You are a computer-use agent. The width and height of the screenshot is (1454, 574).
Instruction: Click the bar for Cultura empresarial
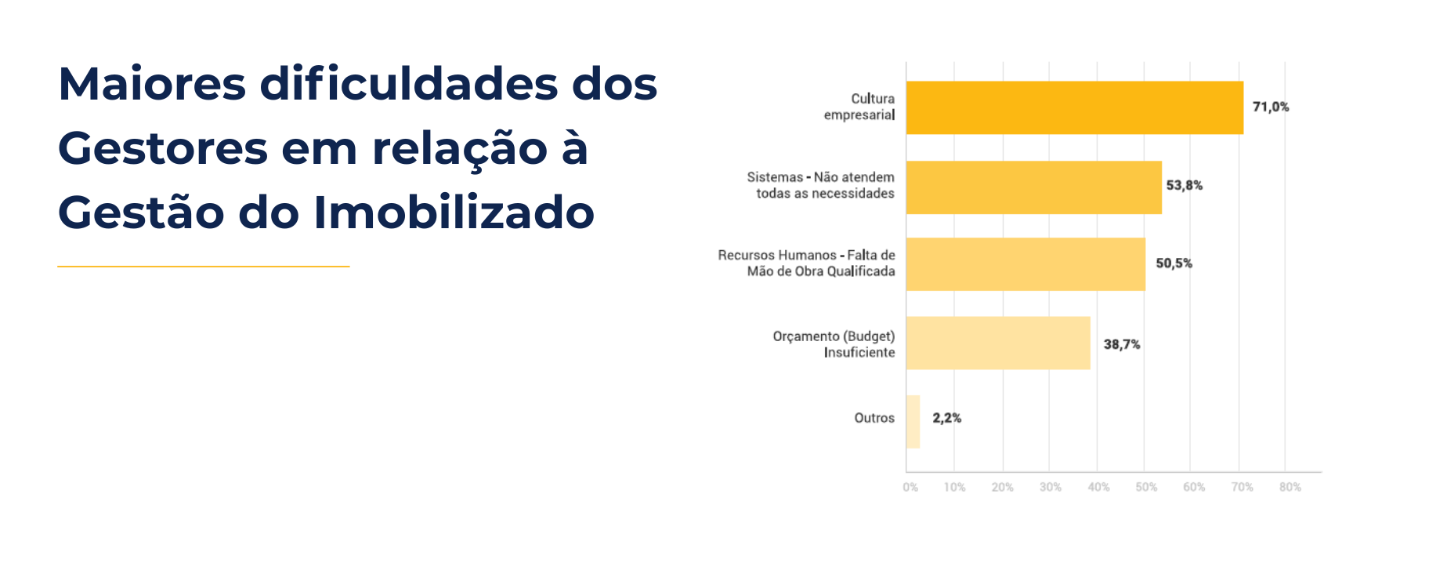1074,107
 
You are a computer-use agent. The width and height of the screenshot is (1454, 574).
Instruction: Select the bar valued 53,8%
1033,187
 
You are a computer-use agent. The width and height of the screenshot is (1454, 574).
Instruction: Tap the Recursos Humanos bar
1025,264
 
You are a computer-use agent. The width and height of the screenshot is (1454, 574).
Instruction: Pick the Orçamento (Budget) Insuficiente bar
997,343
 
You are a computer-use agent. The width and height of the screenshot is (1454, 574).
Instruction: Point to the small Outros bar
913,421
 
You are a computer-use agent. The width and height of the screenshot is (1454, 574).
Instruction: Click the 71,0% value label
1270,107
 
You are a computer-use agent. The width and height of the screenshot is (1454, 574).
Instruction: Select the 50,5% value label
1174,263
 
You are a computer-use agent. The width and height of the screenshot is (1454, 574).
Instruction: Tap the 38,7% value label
1121,344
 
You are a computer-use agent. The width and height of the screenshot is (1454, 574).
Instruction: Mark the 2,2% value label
946,418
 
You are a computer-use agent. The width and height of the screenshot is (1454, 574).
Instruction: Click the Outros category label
873,418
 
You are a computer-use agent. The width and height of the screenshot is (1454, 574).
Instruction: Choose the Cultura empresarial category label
859,107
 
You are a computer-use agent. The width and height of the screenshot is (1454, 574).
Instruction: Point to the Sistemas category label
820,185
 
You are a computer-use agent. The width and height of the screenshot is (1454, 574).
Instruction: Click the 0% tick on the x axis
910,487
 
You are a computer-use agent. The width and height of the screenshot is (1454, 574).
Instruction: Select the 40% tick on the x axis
1098,487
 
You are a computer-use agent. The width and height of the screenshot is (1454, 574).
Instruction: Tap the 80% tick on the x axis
1289,487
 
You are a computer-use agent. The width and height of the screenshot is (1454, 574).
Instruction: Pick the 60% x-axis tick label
1194,487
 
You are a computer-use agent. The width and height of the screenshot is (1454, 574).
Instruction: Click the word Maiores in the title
152,84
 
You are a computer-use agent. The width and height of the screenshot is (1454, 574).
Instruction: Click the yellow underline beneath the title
204,267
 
